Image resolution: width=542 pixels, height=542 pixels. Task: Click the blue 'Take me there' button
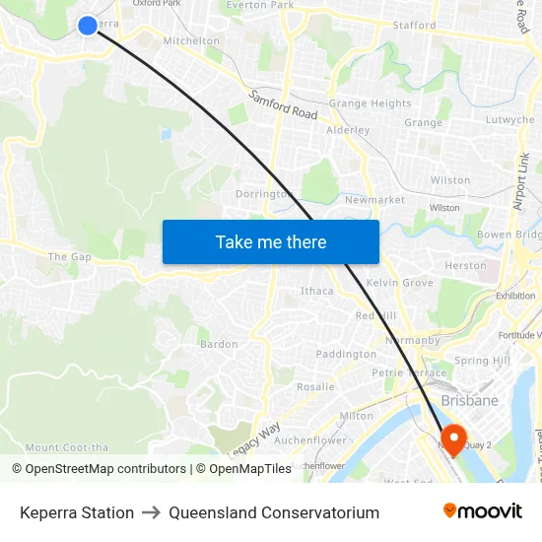coord(271,241)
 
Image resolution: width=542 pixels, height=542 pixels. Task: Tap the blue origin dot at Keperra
coord(87,25)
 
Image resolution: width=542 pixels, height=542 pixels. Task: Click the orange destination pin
coord(454,440)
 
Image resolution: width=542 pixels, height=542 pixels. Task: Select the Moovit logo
coord(482,511)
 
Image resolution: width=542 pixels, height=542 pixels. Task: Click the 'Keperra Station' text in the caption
coord(77,512)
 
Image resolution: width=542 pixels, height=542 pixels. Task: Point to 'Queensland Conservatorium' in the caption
coord(274,512)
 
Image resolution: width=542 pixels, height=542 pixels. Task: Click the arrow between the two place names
coord(151,512)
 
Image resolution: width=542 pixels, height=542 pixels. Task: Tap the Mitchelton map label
coord(191,41)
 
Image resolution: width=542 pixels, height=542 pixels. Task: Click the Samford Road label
coord(284,105)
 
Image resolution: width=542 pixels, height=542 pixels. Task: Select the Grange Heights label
coord(370,103)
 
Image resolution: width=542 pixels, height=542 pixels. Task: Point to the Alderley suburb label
coord(347,130)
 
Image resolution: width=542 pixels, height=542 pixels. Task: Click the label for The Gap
coord(69,257)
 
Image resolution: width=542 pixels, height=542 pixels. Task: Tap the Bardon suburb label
coord(219,344)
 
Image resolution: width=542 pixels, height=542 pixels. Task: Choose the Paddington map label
coord(346,354)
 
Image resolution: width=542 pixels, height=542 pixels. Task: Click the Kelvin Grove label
coord(399,283)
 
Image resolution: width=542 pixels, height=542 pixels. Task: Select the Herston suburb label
coord(465,265)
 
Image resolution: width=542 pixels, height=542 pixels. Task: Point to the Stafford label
coord(414,26)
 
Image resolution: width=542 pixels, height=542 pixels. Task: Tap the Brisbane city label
coord(469,401)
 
